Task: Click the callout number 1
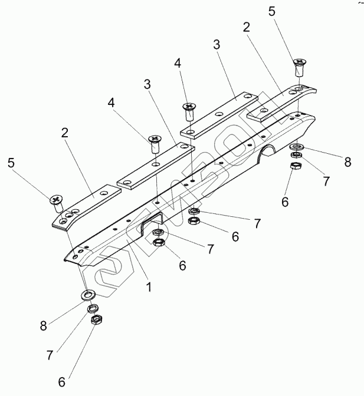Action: pyautogui.click(x=149, y=287)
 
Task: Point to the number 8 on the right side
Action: pyautogui.click(x=347, y=161)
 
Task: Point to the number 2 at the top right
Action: pyautogui.click(x=245, y=27)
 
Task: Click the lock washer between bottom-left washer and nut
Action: pyautogui.click(x=93, y=308)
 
